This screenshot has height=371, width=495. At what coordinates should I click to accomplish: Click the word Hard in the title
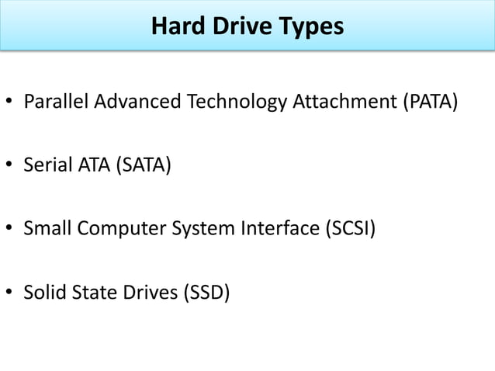pos(174,27)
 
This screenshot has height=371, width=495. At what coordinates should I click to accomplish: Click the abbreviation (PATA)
pos(424,102)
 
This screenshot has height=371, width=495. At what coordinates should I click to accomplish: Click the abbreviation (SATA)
pos(142,165)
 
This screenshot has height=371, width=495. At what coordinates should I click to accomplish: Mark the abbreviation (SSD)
pos(205,293)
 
